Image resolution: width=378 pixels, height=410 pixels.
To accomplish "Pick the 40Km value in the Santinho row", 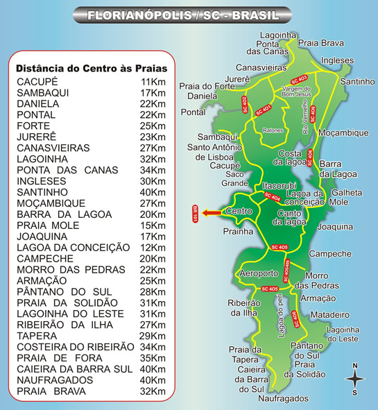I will (153, 192).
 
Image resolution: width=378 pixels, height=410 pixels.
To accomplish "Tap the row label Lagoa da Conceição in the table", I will (73, 247).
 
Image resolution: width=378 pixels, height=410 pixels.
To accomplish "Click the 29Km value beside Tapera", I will (153, 335).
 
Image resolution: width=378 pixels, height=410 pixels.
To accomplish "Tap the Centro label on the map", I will (239, 211).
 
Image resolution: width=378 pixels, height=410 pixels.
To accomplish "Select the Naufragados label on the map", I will (282, 399).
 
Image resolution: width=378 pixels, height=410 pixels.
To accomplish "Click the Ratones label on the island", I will (274, 130).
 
